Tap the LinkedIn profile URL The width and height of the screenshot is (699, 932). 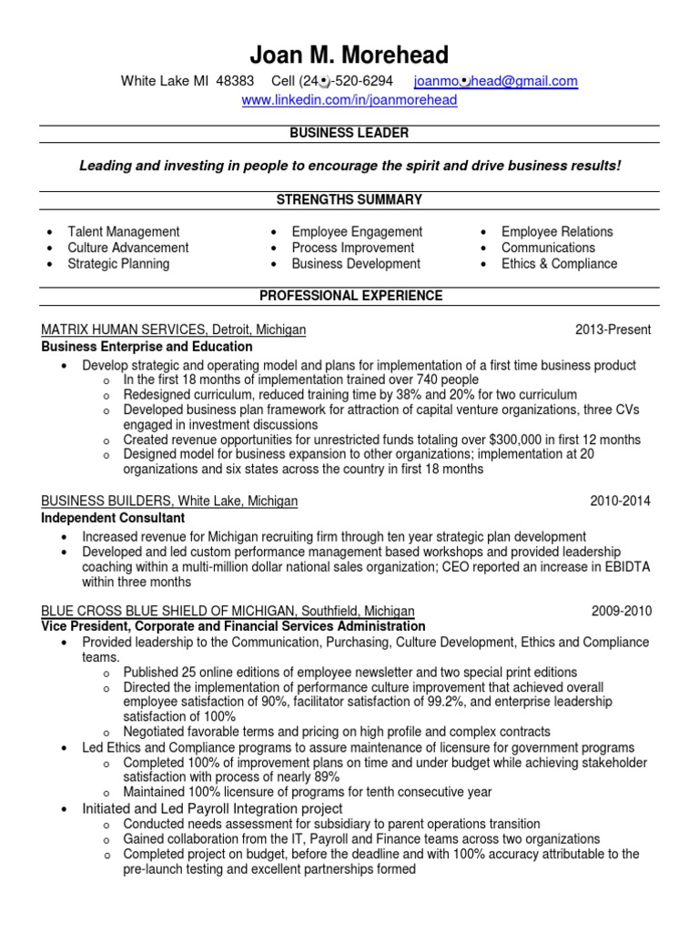[x=349, y=100]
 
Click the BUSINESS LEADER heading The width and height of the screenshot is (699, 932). [x=349, y=133]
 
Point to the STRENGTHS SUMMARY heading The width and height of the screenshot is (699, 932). [x=349, y=199]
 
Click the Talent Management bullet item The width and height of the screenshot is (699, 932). [x=124, y=232]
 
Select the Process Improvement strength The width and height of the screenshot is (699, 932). [x=352, y=248]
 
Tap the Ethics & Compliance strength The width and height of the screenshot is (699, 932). [x=559, y=264]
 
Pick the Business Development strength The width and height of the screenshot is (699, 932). [x=356, y=264]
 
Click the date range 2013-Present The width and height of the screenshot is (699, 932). [x=613, y=329]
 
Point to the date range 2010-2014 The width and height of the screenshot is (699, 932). [x=621, y=501]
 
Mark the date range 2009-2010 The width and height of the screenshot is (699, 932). [x=621, y=612]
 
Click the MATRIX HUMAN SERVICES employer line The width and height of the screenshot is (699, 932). [x=174, y=329]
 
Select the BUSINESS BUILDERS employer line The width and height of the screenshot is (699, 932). [x=169, y=501]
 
